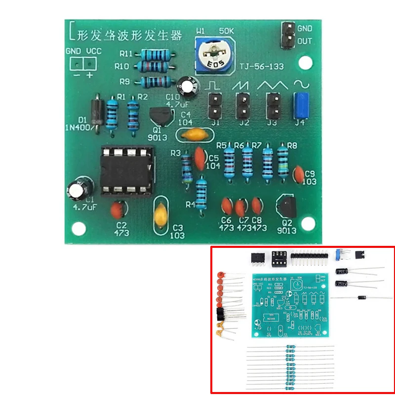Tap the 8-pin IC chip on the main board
(x=126, y=170)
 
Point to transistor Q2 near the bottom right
(x=287, y=206)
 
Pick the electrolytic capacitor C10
(x=189, y=85)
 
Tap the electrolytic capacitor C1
(x=80, y=189)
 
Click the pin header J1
(x=214, y=104)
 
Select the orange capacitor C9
(x=298, y=173)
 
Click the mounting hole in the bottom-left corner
(x=78, y=229)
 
